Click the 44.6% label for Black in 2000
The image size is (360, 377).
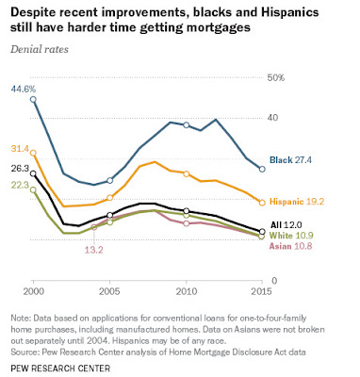[x=24, y=89]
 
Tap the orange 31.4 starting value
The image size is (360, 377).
[x=20, y=149]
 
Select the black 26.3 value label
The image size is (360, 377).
[x=20, y=169]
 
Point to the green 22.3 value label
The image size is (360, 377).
[x=20, y=185]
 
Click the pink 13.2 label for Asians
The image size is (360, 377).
[x=93, y=250]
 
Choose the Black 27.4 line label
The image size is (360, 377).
[x=290, y=160]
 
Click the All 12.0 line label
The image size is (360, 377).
[x=286, y=224]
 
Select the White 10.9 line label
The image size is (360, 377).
[x=291, y=236]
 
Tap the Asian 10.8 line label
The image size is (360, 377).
[x=290, y=246]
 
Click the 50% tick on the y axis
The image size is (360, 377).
[x=275, y=77]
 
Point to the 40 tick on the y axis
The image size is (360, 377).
[x=272, y=118]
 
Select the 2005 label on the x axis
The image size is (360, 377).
[x=109, y=291]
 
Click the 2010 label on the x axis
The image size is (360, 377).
[x=187, y=291]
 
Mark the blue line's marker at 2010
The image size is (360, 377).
[x=187, y=125]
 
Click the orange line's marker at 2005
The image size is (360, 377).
[x=109, y=198]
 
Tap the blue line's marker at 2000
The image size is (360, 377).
[x=33, y=100]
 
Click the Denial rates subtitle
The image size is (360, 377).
[x=40, y=49]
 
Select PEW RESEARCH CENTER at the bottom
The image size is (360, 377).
[x=60, y=368]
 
